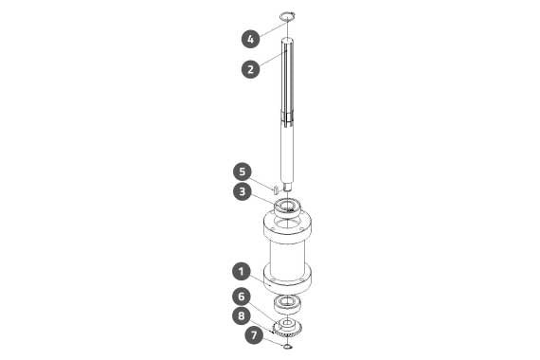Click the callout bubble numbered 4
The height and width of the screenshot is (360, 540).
pyautogui.click(x=251, y=39)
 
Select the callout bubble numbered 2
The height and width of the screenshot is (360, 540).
pyautogui.click(x=251, y=69)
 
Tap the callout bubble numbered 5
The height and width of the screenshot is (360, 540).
pyautogui.click(x=243, y=171)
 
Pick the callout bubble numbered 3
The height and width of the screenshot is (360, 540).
pyautogui.click(x=243, y=191)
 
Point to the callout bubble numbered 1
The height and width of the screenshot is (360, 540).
pyautogui.click(x=242, y=272)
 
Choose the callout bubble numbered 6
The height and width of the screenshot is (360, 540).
pyautogui.click(x=242, y=297)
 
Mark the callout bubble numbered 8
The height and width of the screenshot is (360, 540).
pyautogui.click(x=242, y=315)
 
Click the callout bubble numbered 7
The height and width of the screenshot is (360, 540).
pyautogui.click(x=254, y=334)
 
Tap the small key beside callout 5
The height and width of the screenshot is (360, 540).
pyautogui.click(x=276, y=189)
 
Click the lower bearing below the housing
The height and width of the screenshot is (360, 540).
pyautogui.click(x=287, y=304)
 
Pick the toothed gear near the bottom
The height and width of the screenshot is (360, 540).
pyautogui.click(x=287, y=328)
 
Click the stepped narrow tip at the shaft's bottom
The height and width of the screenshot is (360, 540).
pyautogui.click(x=288, y=187)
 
